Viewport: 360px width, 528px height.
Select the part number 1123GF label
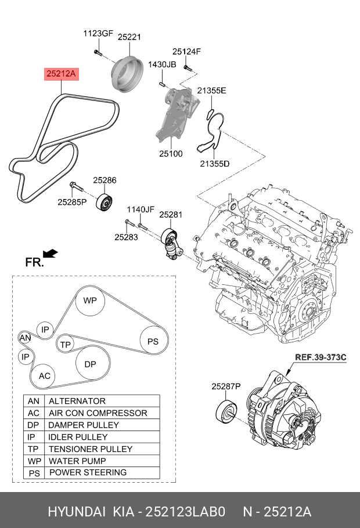click(x=98, y=34)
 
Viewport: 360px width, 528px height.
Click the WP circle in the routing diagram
click(x=90, y=301)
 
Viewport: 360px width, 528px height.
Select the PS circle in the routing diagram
click(x=153, y=342)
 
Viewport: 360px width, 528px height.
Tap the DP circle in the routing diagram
click(x=90, y=364)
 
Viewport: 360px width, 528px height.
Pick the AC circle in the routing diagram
click(x=45, y=376)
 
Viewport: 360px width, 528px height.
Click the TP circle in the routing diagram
click(x=66, y=344)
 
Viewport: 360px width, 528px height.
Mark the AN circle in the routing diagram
click(x=25, y=338)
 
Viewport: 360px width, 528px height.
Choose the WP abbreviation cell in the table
click(x=34, y=461)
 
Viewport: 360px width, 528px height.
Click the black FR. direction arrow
click(x=51, y=253)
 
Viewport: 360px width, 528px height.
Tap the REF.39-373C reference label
click(x=320, y=357)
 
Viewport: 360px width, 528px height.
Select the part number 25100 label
click(x=171, y=154)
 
